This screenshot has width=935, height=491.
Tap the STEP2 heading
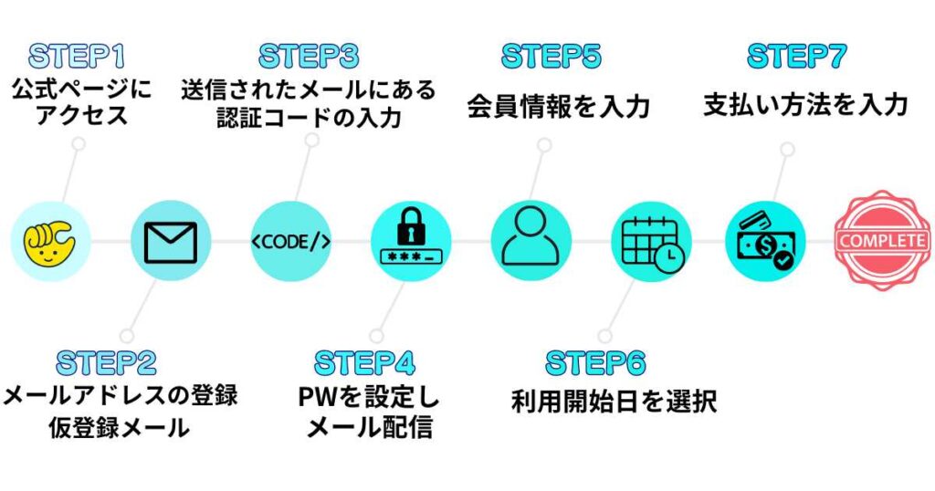coord(107,362)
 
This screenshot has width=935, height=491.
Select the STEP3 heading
coord(309,57)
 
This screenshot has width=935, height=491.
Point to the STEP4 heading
coord(364,362)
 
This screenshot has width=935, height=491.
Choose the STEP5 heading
coord(552,57)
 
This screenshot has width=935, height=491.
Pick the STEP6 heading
coord(595,362)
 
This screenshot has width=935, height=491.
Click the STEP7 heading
coord(796,57)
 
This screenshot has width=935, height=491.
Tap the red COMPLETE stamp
coord(882,241)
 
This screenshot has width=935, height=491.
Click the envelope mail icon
coord(170,241)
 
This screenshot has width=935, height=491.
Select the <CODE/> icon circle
coord(290,241)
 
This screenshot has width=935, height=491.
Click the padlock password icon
coord(411,241)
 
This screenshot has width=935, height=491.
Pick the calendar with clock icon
coord(651,241)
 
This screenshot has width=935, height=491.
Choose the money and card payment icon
coord(765,241)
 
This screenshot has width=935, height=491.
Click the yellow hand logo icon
coord(50,241)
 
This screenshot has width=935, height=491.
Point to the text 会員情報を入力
coord(558,107)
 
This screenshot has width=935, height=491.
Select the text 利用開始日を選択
coord(614,401)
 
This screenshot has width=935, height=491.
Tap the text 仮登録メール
coord(120,427)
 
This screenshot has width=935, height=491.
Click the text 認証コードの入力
coord(309,119)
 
